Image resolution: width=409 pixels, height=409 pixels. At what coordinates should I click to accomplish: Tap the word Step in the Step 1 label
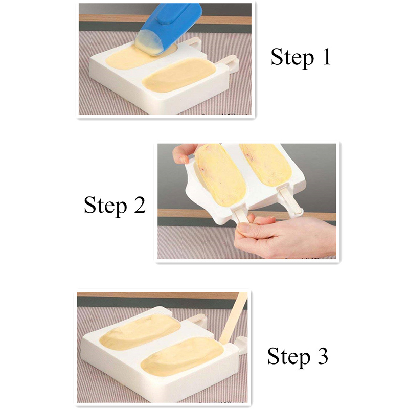tap(292, 57)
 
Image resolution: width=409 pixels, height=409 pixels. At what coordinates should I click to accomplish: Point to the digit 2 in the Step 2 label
tap(140, 204)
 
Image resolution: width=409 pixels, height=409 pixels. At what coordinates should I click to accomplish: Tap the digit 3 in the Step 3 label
tap(323, 355)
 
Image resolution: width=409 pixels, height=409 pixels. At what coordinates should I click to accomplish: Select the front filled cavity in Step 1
tap(179, 75)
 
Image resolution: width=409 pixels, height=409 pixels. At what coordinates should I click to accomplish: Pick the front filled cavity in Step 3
tap(182, 356)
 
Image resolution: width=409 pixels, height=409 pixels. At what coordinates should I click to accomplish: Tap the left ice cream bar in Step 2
tap(220, 174)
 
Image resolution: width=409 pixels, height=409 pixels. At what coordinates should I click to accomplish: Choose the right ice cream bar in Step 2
tap(266, 164)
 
